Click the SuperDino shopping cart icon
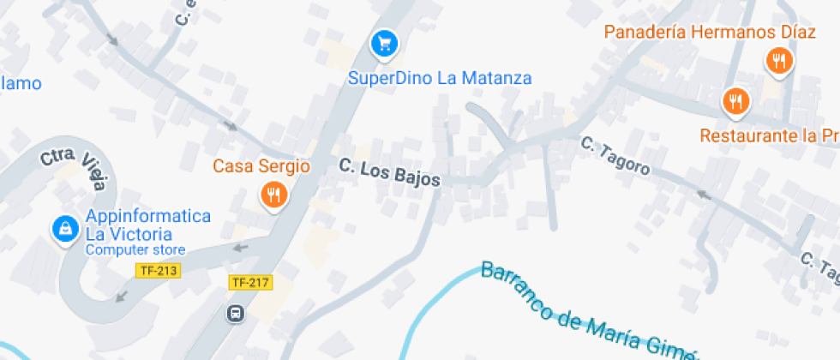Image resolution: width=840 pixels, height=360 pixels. [x=384, y=43]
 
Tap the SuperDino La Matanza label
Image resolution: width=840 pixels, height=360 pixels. [x=440, y=78]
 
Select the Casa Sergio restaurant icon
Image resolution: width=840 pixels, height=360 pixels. [x=273, y=195]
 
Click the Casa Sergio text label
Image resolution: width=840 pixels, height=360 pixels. [x=261, y=165]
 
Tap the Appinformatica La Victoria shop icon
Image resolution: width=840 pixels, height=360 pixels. [x=63, y=229]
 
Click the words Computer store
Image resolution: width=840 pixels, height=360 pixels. [x=135, y=250]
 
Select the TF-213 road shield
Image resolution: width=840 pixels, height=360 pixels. [x=157, y=271]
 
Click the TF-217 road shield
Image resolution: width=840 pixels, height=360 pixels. [x=251, y=282]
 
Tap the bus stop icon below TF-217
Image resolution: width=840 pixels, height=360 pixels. [x=235, y=314]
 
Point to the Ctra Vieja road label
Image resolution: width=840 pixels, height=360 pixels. [x=75, y=169]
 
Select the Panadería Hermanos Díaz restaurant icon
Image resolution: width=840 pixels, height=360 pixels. [x=778, y=60]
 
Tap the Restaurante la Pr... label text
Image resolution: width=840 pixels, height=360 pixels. [x=768, y=135]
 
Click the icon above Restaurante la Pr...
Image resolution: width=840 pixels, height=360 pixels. [x=735, y=102]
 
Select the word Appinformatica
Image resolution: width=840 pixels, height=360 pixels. [x=147, y=215]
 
